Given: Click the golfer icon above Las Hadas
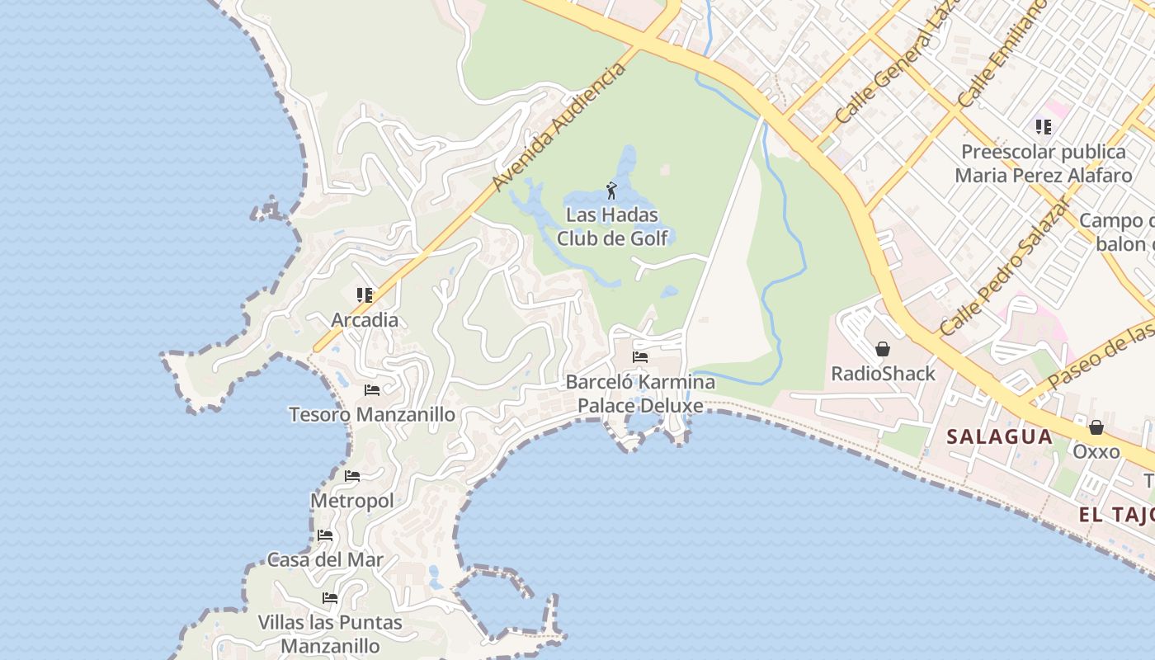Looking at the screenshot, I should [x=611, y=191].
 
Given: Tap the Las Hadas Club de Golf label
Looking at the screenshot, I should [x=612, y=227].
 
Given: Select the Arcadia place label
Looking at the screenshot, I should [x=365, y=320].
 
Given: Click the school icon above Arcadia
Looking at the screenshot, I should [x=365, y=295].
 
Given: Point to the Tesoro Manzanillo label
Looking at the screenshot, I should [x=372, y=414].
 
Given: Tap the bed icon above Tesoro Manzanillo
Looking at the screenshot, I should [x=372, y=389].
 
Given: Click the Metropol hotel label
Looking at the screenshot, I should [x=352, y=501].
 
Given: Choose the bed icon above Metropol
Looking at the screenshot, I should [x=352, y=476].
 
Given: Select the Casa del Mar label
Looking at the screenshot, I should [x=325, y=559].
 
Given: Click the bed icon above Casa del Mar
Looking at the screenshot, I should [x=325, y=535].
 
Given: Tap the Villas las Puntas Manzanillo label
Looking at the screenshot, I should [x=330, y=634].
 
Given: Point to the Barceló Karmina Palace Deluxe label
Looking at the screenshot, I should [x=640, y=394].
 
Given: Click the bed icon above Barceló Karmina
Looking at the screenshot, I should [x=640, y=357].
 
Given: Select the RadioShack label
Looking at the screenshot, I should [x=883, y=374].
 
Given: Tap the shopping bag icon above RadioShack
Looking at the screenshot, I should [x=883, y=349].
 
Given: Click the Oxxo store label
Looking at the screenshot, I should [x=1096, y=451].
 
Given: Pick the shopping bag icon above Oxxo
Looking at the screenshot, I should [x=1096, y=427].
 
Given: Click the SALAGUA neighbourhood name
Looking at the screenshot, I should [x=999, y=436].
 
